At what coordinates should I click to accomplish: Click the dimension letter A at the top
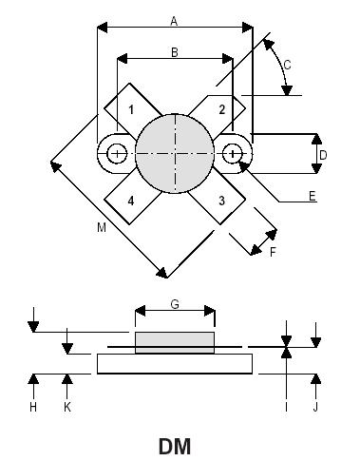click(174, 19)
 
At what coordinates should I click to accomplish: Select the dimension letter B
click(174, 53)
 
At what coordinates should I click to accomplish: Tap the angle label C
click(287, 65)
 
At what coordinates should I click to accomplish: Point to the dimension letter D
click(323, 154)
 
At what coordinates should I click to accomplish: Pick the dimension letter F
click(273, 253)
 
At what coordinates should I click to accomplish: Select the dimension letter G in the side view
click(174, 303)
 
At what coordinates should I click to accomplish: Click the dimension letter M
click(101, 228)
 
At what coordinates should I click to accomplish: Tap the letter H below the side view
click(32, 407)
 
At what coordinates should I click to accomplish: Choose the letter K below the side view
click(66, 407)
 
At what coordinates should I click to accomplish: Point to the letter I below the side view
click(286, 407)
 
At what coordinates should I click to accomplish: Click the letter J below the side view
click(316, 407)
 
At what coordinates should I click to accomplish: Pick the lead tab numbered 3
click(221, 200)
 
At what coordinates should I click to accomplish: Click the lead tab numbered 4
click(129, 200)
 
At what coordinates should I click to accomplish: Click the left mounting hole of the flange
click(116, 154)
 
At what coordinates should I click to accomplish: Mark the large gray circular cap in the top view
click(175, 154)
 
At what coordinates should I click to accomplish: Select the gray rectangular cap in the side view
click(175, 342)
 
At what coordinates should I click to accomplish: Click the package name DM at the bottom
click(175, 444)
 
